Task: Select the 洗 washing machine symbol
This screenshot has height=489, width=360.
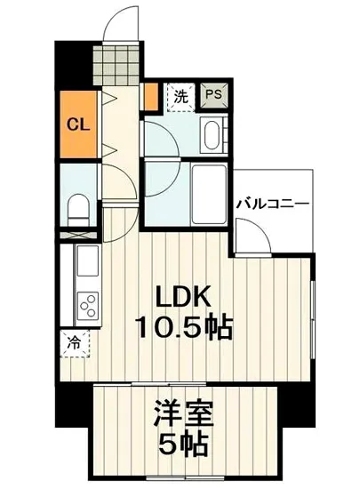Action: [180, 95]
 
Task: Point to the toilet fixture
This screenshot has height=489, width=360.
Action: [77, 206]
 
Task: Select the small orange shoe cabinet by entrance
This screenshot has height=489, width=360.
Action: [151, 94]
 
